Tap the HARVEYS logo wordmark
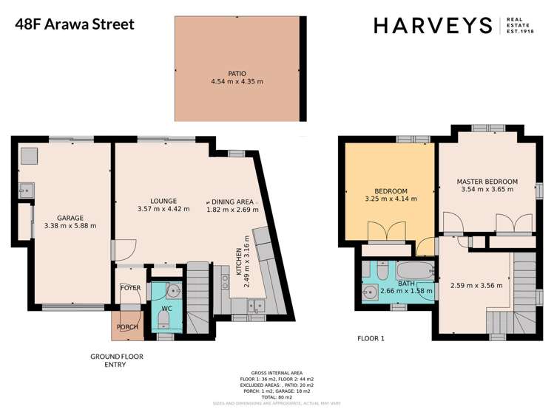point(433,25)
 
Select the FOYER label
point(130,288)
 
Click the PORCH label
point(124,327)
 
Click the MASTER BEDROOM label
point(486,182)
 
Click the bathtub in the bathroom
point(415,270)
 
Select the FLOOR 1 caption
point(372,339)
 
